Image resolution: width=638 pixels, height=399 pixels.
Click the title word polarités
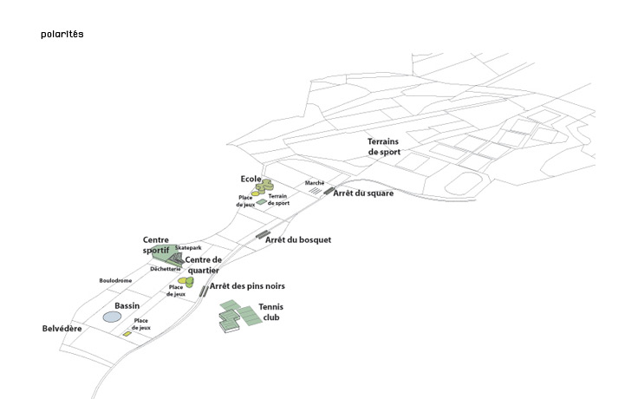pos(62,35)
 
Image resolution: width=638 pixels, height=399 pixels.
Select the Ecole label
pos(251,179)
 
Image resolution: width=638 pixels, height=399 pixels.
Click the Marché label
pos(314,184)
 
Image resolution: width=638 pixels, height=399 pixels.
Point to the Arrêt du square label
pos(363,193)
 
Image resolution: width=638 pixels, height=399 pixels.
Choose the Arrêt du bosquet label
pos(298,239)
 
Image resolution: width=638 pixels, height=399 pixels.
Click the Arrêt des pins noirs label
pos(247,286)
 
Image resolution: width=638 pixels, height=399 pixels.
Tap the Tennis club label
pos(271,312)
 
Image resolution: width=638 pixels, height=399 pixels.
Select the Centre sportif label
pos(156,245)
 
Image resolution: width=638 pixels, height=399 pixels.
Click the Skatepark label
pos(188,248)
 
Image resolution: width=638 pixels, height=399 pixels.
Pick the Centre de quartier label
pos(204,265)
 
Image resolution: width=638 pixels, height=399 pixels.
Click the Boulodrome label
pos(115,280)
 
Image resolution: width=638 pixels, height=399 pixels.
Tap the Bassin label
pos(127,306)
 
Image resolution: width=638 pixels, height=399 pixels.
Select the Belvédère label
pos(62,330)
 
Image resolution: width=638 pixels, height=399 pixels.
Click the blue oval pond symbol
pos(112,317)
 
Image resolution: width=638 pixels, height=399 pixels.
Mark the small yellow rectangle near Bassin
pos(127,334)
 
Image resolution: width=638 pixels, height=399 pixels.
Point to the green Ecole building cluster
pos(263,186)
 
